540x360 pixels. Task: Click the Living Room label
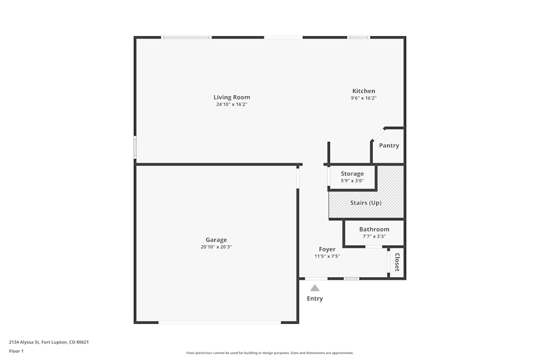[x=232, y=98]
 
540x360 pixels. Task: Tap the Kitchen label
[x=363, y=91]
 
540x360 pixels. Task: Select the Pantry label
[x=389, y=146]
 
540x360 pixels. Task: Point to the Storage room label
[x=352, y=174]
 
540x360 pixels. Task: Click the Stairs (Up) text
[x=366, y=203]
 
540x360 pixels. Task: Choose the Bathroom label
[x=374, y=229]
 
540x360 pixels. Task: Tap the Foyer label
[x=327, y=249]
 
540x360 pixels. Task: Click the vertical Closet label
[x=397, y=262]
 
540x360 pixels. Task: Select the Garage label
[x=216, y=240]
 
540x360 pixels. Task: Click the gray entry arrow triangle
[x=315, y=288]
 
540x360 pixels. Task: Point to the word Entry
[x=315, y=299]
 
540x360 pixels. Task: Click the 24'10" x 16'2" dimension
[x=232, y=105]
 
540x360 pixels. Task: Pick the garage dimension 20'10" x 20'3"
[x=216, y=247]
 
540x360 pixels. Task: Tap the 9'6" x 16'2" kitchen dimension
[x=363, y=98]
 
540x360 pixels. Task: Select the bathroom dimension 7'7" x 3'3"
[x=374, y=236]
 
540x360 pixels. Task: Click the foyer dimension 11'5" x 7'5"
[x=327, y=256]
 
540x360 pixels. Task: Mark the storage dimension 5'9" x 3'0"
[x=352, y=181]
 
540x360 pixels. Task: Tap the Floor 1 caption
[x=16, y=351]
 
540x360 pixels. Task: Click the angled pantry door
[x=377, y=134]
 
